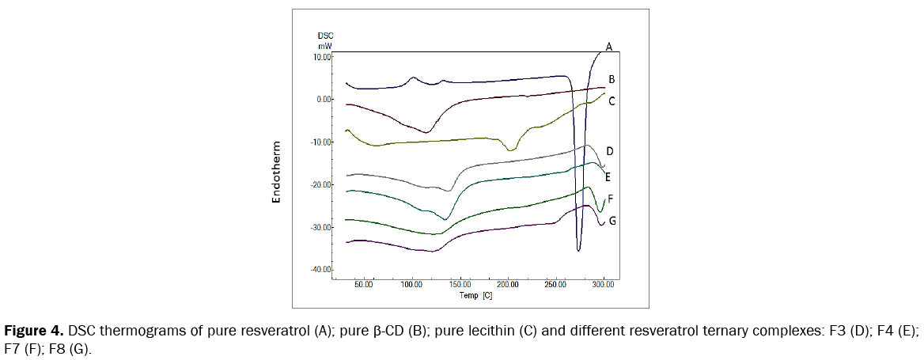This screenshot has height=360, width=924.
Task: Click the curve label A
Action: click(x=609, y=47)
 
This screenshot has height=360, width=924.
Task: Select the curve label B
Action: click(x=612, y=79)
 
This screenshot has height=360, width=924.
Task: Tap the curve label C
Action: click(x=612, y=101)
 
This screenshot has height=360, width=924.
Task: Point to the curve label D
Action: click(x=610, y=150)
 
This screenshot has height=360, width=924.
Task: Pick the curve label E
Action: click(x=608, y=176)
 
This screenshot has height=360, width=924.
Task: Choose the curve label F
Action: click(x=611, y=200)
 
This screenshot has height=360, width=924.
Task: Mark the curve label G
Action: click(x=612, y=221)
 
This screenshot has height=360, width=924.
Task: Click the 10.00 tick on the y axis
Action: click(x=322, y=57)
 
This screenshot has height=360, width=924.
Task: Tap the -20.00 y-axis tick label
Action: click(x=321, y=185)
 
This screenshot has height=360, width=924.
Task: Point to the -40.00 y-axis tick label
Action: click(x=321, y=271)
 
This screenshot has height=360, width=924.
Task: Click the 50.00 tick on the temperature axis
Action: click(x=364, y=284)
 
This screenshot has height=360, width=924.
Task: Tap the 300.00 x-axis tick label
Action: click(x=604, y=284)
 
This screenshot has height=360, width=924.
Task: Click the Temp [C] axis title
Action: click(x=475, y=294)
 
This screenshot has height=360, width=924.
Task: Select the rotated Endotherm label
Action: click(x=277, y=172)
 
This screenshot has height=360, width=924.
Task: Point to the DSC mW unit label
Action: click(x=324, y=41)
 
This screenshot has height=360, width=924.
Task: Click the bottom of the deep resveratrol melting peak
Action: click(x=579, y=250)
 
